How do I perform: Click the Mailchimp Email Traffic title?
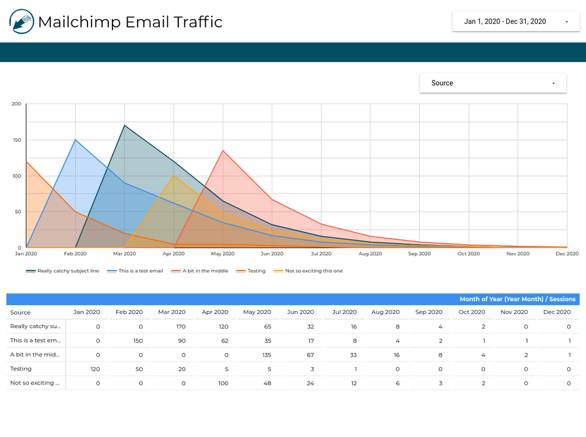[130, 22]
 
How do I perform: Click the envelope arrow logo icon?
[22, 22]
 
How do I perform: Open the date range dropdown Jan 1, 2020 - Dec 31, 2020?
[515, 22]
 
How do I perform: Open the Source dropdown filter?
[493, 83]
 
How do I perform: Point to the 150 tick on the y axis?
[16, 140]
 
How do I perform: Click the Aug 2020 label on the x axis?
[370, 254]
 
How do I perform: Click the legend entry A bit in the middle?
[204, 271]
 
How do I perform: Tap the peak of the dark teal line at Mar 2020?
[124, 125]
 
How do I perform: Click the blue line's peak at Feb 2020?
[75, 140]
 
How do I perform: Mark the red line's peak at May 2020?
[223, 150]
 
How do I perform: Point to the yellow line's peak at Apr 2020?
[174, 175]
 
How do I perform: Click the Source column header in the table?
[20, 312]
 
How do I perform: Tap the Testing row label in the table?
[21, 369]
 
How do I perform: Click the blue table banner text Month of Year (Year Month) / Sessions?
[517, 299]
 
